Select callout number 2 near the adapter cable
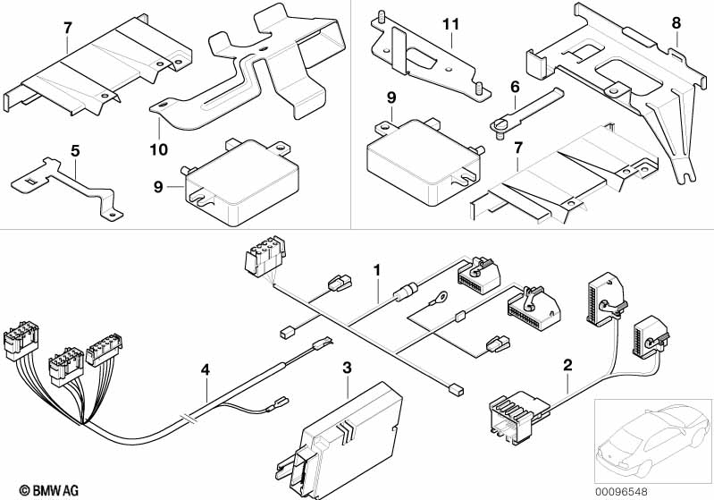click(x=567, y=364)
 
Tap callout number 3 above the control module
click(x=348, y=367)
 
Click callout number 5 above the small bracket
click(x=75, y=150)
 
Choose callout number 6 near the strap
click(x=515, y=87)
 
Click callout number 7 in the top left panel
click(x=67, y=28)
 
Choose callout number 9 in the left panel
click(x=158, y=187)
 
